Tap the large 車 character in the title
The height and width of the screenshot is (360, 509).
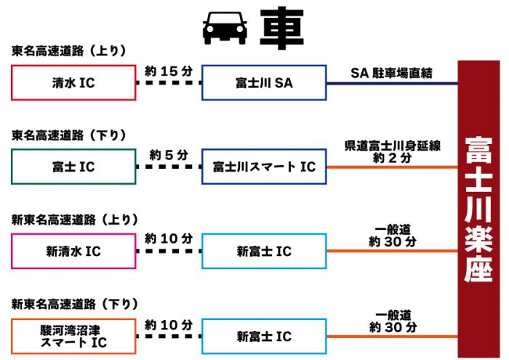click(280, 28)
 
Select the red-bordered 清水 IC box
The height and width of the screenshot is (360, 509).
click(73, 84)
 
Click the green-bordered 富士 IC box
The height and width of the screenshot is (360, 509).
click(73, 167)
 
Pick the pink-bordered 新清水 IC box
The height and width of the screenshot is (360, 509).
click(73, 252)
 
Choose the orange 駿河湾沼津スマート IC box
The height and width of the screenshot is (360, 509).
click(73, 336)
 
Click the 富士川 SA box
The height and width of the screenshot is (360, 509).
click(264, 84)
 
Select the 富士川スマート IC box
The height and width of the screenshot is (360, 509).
click(264, 167)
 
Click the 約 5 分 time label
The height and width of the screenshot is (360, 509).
click(169, 154)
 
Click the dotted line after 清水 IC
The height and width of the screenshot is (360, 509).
click(169, 84)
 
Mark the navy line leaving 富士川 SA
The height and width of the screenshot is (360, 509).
click(392, 84)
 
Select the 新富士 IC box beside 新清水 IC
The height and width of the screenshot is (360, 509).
click(264, 252)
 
